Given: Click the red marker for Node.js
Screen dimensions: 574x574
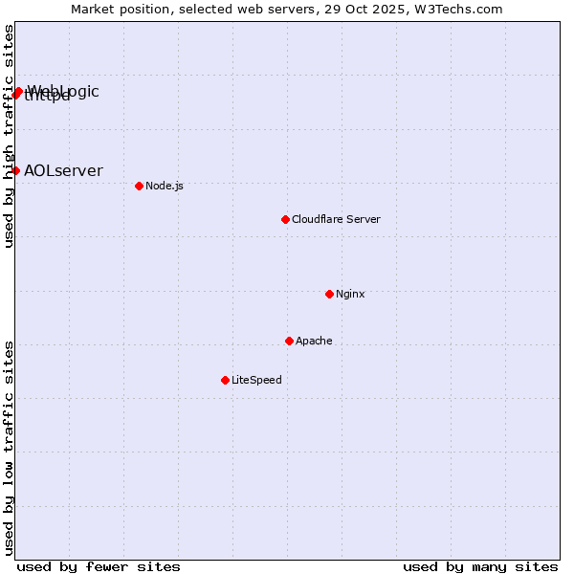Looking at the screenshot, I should (139, 186).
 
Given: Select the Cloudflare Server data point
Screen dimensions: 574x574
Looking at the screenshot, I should (285, 219).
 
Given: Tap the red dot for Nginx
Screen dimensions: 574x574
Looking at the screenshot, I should (329, 294).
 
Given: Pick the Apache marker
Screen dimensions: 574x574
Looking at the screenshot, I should (289, 341).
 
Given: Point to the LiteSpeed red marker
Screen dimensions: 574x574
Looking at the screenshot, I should (225, 380).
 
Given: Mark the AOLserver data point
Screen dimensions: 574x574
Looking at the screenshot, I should (15, 170).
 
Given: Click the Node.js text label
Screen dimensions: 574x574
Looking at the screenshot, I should (165, 186).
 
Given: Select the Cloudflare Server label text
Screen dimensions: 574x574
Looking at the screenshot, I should (336, 219).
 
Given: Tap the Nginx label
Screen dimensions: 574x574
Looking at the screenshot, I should (350, 294).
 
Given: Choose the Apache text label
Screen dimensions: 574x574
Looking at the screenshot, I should (314, 341).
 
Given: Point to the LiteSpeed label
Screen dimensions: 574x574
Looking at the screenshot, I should (256, 380).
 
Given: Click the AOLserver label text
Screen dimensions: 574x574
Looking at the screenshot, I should (63, 170).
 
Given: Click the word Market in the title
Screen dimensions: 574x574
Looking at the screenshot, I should (94, 9).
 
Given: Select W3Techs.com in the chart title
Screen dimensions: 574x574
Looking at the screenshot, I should (460, 9).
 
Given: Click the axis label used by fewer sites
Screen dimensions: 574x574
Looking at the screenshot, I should (99, 566).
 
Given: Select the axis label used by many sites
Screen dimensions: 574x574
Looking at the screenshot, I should (480, 566).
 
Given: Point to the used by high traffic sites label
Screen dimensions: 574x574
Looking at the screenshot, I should (9, 136).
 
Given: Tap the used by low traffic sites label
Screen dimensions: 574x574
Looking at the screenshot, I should (9, 447).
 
